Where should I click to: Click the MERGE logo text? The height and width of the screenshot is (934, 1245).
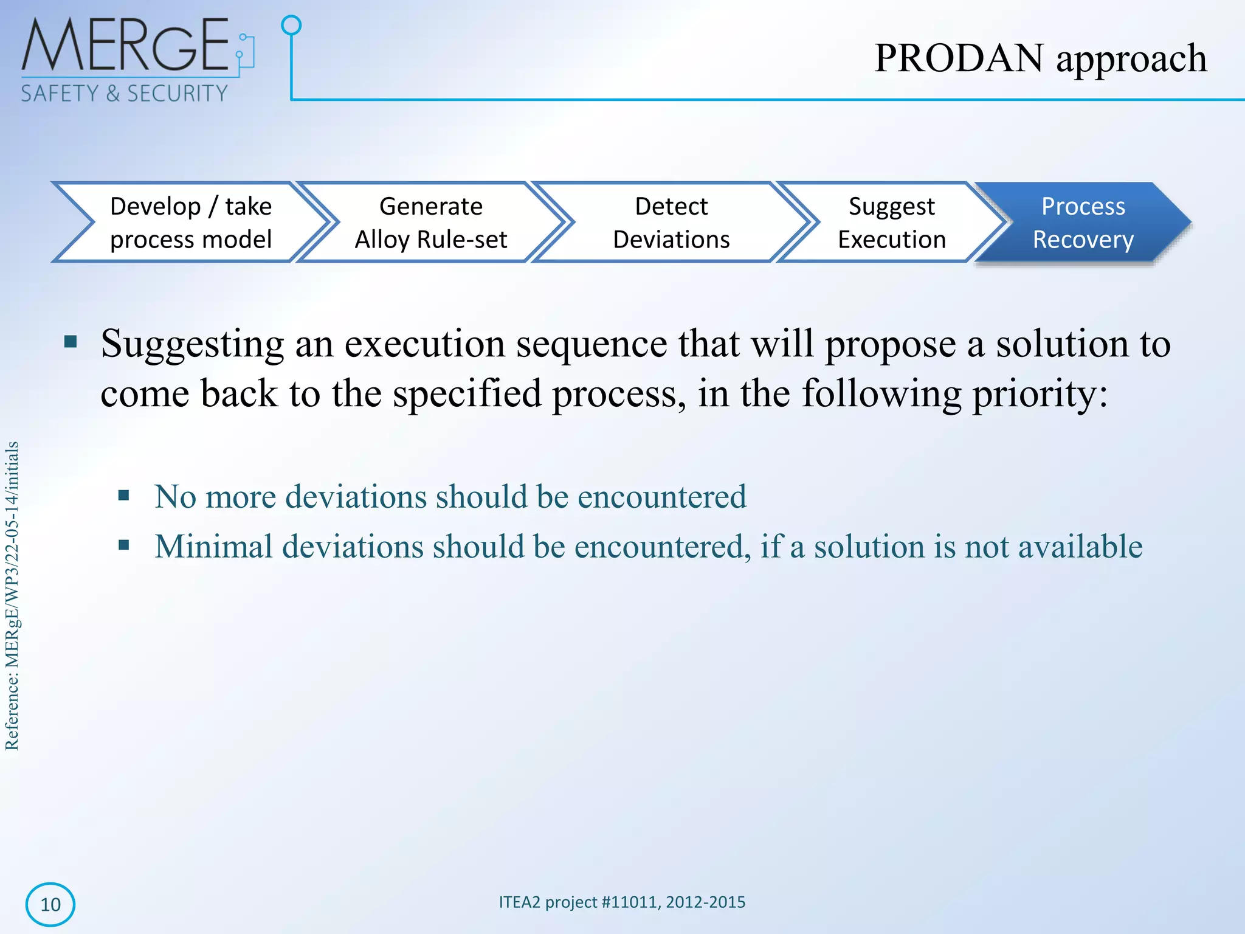coord(125,46)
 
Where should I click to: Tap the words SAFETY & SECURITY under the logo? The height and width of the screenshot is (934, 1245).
coord(124,94)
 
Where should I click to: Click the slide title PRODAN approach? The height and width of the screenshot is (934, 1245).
coord(1040,58)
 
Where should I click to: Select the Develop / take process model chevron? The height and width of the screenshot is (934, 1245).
coord(190,223)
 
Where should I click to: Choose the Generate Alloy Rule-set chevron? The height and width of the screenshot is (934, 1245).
coord(430,223)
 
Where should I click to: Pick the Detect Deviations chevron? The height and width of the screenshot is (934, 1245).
coord(671,223)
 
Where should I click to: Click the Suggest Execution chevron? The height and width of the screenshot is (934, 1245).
coord(891,223)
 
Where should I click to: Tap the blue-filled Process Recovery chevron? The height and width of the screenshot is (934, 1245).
coord(1083,223)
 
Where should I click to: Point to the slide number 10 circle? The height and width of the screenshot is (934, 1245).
coord(50,904)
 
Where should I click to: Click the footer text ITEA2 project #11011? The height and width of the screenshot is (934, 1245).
coord(621,902)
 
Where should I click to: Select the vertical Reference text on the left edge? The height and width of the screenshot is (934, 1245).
coord(12,596)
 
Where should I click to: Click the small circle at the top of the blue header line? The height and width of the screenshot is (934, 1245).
coord(291,25)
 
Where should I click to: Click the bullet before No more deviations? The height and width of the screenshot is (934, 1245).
coord(124,495)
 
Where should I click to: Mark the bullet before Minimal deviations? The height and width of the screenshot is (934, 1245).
coord(124,545)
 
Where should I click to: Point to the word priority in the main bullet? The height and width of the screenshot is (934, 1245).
coord(1038,394)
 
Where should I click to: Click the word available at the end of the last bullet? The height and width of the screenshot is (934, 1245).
coord(1080,546)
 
